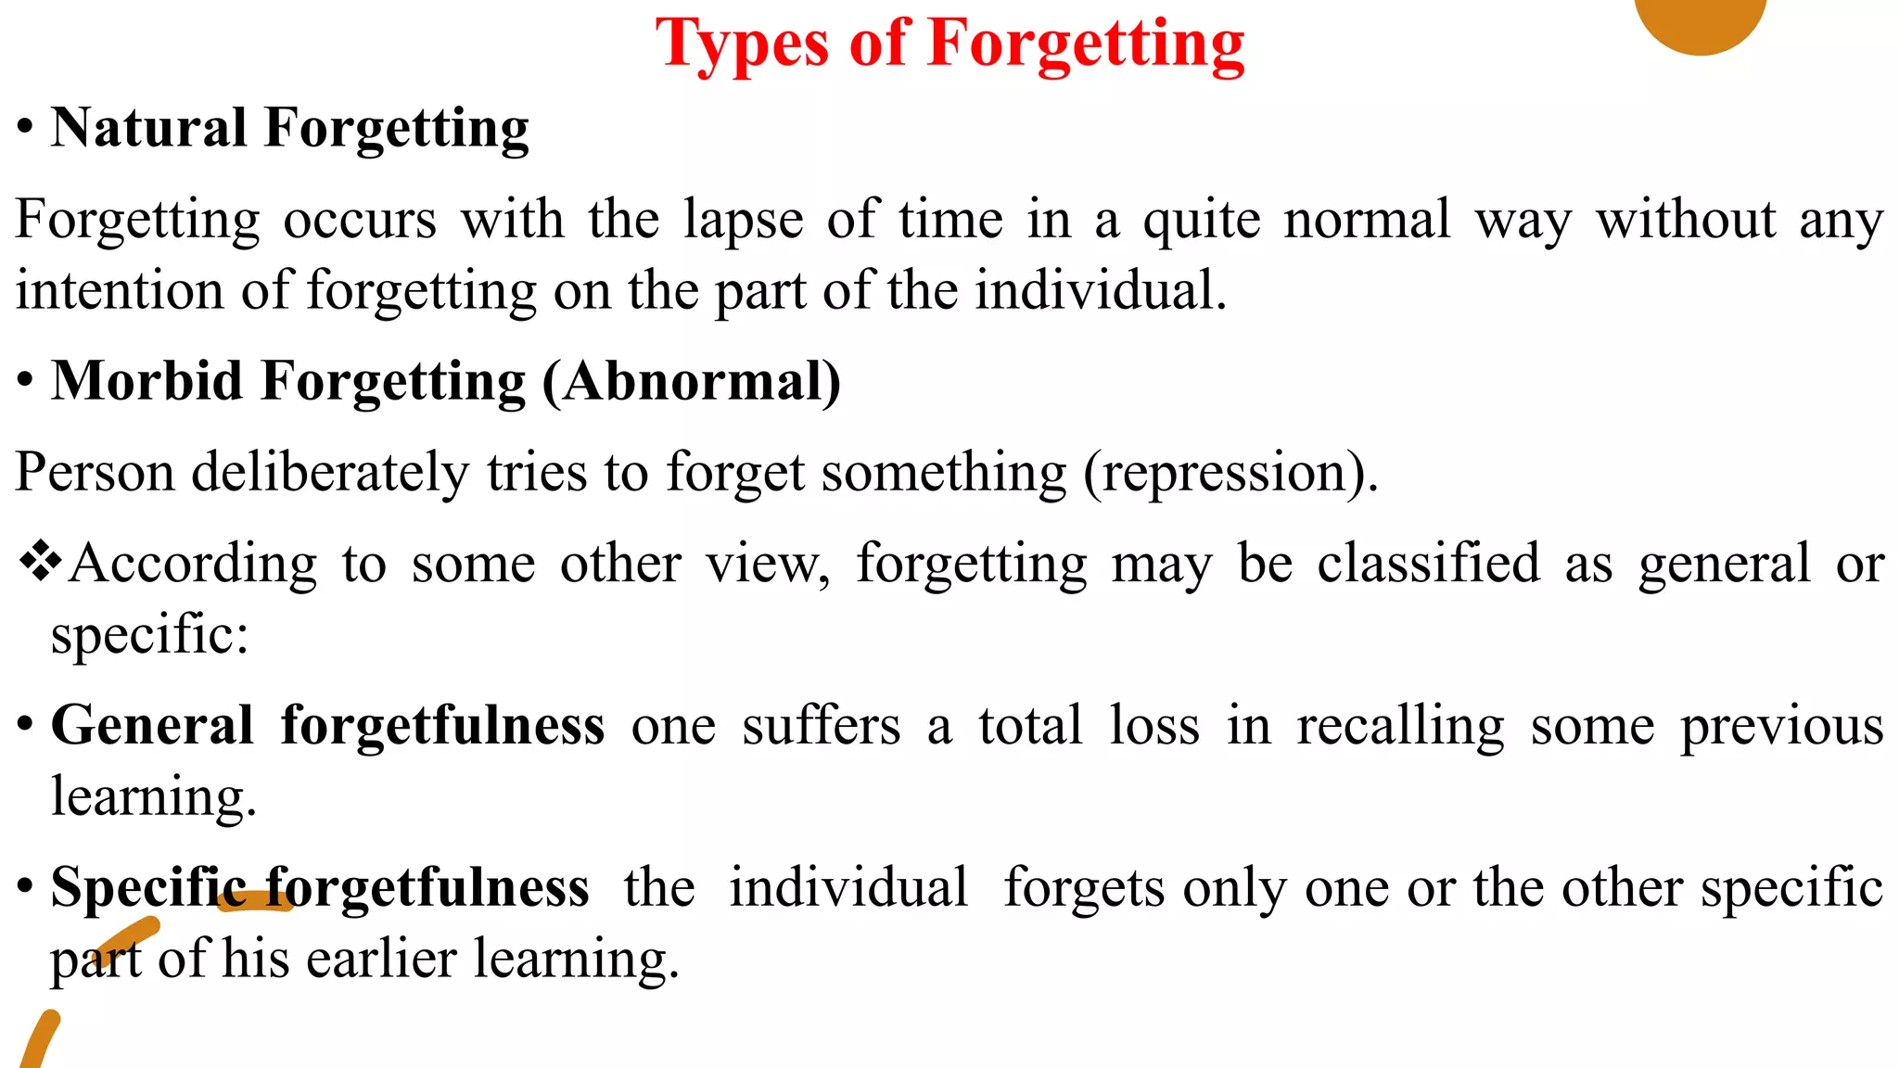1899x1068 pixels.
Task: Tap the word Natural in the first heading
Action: tap(149, 128)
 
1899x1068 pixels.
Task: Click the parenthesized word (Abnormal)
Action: tap(691, 381)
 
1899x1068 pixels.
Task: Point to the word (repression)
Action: tap(1230, 473)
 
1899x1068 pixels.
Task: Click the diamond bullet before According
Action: tap(40, 562)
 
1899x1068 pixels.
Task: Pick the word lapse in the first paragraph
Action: tap(743, 221)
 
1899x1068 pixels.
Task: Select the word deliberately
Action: tap(329, 473)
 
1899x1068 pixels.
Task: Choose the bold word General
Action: tap(152, 725)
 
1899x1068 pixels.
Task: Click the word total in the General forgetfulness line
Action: tap(1030, 725)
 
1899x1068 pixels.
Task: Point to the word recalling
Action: tap(1400, 725)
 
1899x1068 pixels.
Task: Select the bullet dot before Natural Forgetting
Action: tap(25, 127)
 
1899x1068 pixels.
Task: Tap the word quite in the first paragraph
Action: tap(1201, 221)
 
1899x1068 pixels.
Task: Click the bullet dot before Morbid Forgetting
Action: tap(25, 380)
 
